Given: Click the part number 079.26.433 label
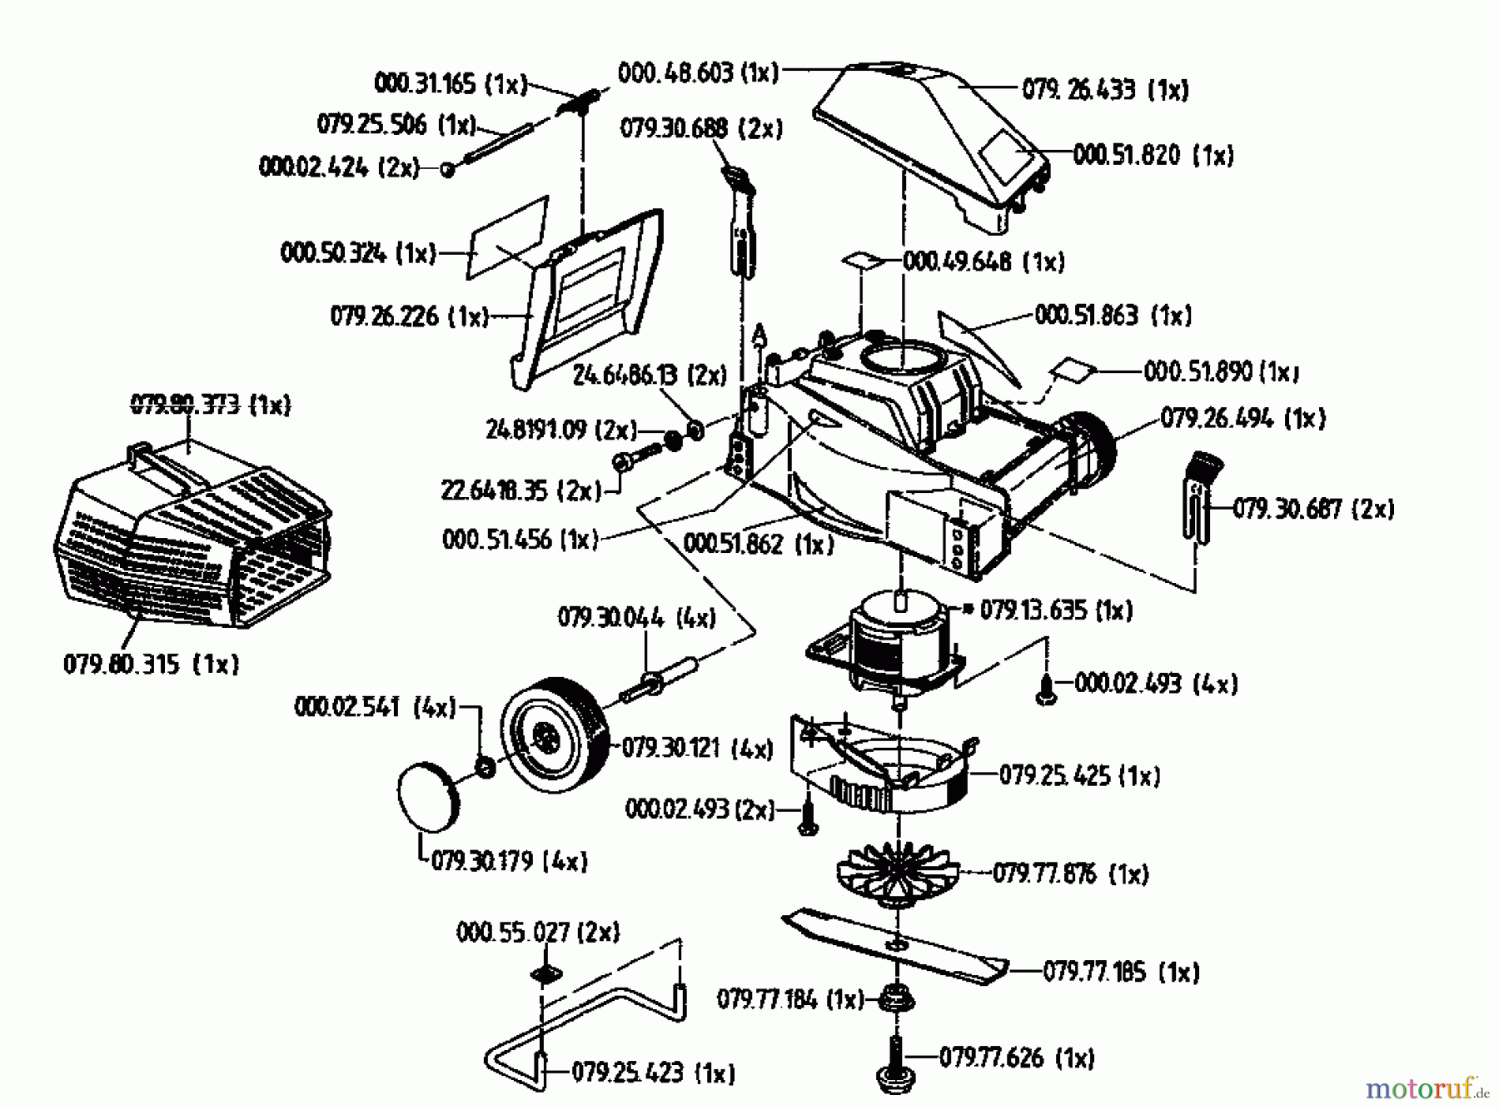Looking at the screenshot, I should coord(1104,89).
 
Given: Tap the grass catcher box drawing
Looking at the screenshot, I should coord(192,541).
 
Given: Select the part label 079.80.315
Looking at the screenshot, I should coord(151,664).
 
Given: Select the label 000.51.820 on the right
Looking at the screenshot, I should coord(1153,155).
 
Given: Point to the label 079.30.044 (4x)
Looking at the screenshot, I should coord(636,618).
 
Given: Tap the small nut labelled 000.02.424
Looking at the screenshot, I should coord(447,169).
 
